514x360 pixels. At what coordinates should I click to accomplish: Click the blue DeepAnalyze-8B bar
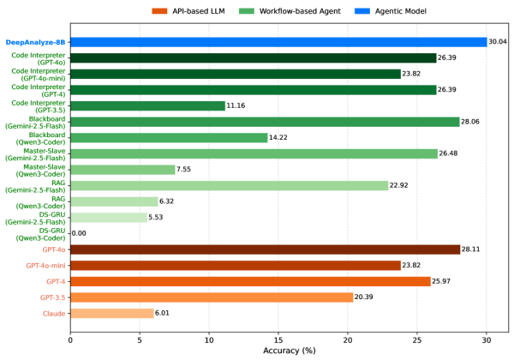pos(278,41)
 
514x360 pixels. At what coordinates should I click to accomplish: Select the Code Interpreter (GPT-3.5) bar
pos(147,105)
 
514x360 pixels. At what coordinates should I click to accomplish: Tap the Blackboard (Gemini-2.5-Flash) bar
pos(265,122)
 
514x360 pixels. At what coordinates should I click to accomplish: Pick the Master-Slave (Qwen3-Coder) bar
pos(123,170)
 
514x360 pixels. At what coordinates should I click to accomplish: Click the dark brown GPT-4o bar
pos(265,249)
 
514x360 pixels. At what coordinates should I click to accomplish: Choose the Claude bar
pos(111,313)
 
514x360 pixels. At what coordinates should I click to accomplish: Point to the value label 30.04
pos(499,41)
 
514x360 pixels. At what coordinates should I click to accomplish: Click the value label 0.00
pos(79,233)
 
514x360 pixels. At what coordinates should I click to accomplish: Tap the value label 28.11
pos(471,249)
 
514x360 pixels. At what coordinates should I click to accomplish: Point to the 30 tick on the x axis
pos(487,339)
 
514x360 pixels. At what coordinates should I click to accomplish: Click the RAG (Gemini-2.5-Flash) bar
pos(229,185)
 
